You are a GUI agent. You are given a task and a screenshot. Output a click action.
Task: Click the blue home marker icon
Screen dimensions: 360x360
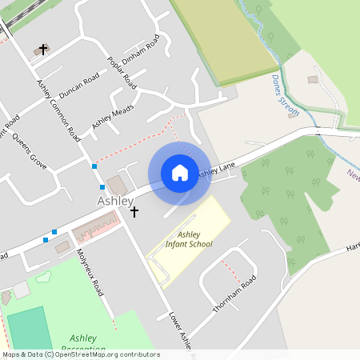(x=180, y=172)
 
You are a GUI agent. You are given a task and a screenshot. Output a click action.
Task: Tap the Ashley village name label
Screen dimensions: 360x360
(x=115, y=201)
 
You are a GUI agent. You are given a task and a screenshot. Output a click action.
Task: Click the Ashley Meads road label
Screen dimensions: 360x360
(x=113, y=117)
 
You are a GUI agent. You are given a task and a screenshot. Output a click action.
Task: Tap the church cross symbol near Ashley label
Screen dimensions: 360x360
(x=134, y=212)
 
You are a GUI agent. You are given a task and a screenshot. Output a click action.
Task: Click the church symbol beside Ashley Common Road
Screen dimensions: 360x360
(x=42, y=50)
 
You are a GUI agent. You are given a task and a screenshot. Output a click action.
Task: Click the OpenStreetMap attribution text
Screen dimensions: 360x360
(x=80, y=354)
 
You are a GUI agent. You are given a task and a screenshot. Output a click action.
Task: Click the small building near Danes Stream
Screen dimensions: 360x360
(x=312, y=80)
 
